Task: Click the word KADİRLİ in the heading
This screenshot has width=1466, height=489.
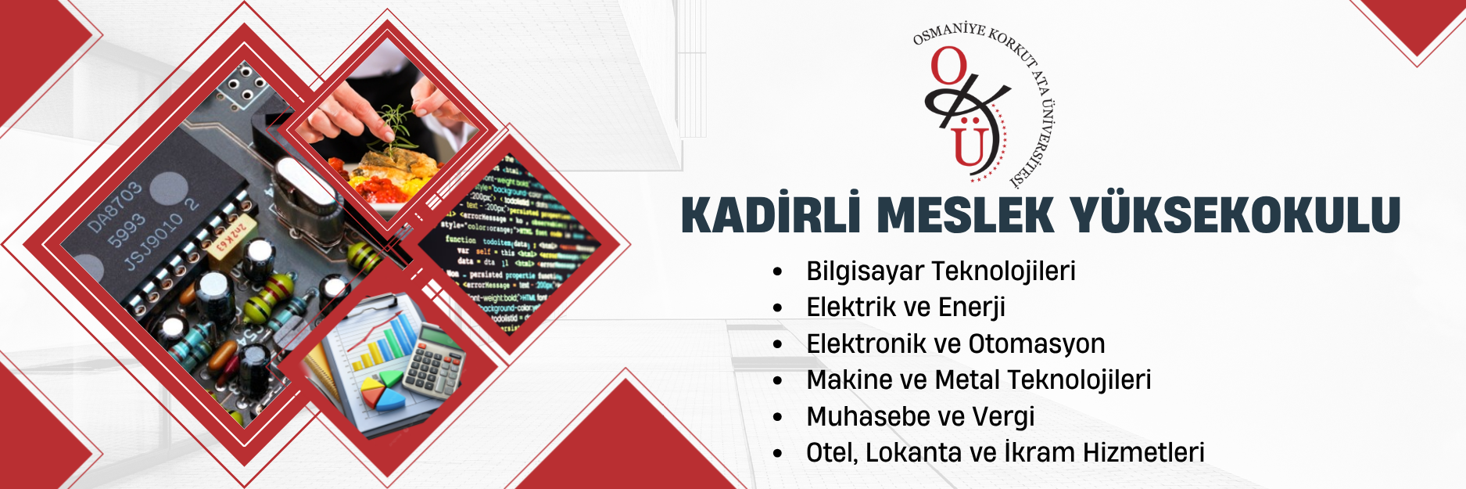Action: pyautogui.click(x=766, y=215)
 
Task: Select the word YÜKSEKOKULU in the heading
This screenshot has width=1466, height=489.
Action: pyautogui.click(x=1235, y=215)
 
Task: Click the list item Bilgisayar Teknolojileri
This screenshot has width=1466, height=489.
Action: pyautogui.click(x=941, y=271)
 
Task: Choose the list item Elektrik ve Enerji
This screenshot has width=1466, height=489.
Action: pyautogui.click(x=905, y=307)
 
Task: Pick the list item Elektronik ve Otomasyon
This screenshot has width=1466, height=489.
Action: pyautogui.click(x=955, y=343)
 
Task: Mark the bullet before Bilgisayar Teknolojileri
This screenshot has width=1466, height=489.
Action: pyautogui.click(x=777, y=272)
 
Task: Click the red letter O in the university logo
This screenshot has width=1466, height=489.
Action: pyautogui.click(x=948, y=67)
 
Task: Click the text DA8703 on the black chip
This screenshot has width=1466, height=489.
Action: pyautogui.click(x=114, y=207)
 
